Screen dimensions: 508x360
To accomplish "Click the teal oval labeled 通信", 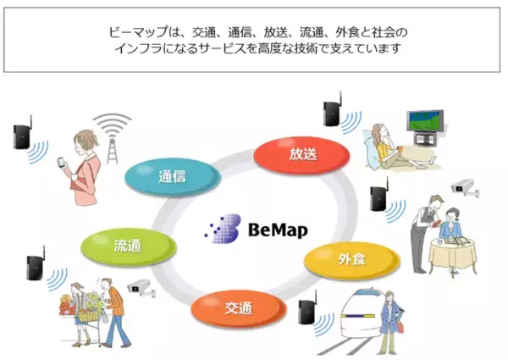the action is [x=173, y=177].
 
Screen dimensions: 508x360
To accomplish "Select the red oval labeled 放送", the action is [x=302, y=155].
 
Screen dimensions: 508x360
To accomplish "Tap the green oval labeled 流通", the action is [x=129, y=246].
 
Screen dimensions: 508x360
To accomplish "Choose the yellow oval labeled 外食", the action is [x=352, y=260].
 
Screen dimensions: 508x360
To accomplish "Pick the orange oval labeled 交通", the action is [x=239, y=308].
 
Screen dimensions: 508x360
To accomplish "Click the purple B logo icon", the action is [x=223, y=229].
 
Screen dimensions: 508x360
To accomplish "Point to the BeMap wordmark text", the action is [x=278, y=230].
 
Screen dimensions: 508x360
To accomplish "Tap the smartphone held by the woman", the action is [x=62, y=162].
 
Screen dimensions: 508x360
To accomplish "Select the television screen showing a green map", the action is [x=425, y=121].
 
